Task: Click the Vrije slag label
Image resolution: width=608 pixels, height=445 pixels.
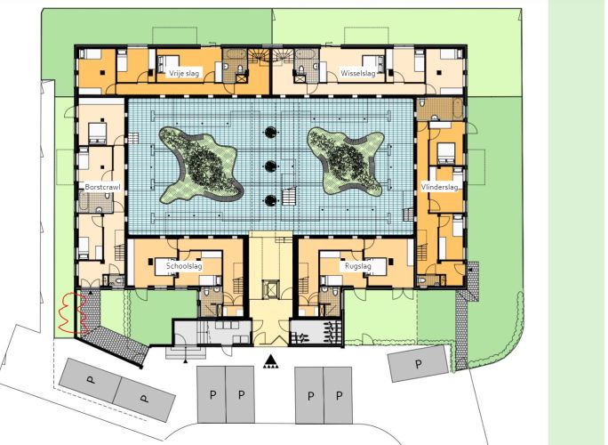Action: click(184, 73)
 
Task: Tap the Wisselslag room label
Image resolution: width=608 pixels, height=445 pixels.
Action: click(358, 73)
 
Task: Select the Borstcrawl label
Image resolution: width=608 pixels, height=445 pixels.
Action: click(103, 187)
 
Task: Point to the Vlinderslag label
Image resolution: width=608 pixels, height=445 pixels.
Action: click(440, 187)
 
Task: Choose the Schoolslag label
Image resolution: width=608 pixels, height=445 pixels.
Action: click(184, 266)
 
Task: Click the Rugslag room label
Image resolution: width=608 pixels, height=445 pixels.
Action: click(358, 266)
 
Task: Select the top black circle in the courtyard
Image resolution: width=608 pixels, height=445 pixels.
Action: click(270, 132)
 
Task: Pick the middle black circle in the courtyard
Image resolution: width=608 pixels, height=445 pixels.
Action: click(270, 166)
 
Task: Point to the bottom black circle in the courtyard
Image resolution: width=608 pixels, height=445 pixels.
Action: click(270, 200)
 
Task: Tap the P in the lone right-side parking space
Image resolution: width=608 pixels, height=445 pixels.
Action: click(419, 364)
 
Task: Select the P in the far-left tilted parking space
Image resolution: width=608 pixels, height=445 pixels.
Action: click(92, 380)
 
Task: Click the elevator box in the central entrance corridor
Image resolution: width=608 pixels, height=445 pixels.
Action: click(270, 289)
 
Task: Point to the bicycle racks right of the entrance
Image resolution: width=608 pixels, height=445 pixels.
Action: click(316, 333)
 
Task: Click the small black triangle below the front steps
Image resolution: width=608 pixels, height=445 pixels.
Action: click(186, 361)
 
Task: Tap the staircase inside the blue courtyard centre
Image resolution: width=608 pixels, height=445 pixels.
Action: click(289, 197)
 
